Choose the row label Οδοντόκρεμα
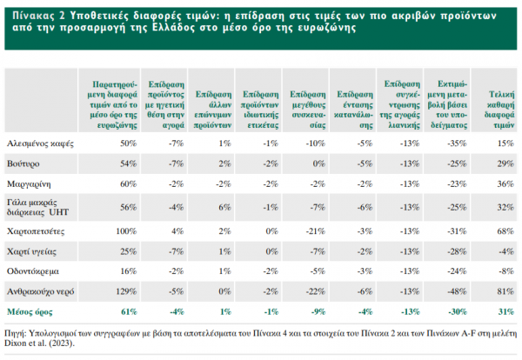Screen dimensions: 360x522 point(32,273)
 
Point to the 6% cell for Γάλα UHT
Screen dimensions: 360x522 point(224,207)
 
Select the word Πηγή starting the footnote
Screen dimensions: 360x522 point(17,332)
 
